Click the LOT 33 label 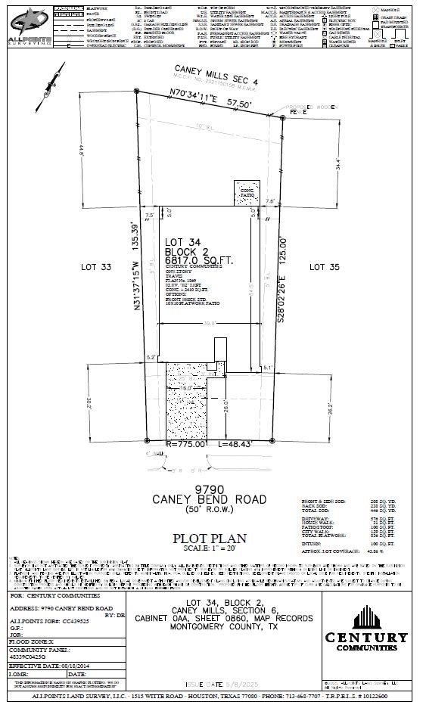click(x=96, y=267)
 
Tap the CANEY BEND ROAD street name click(x=209, y=499)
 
